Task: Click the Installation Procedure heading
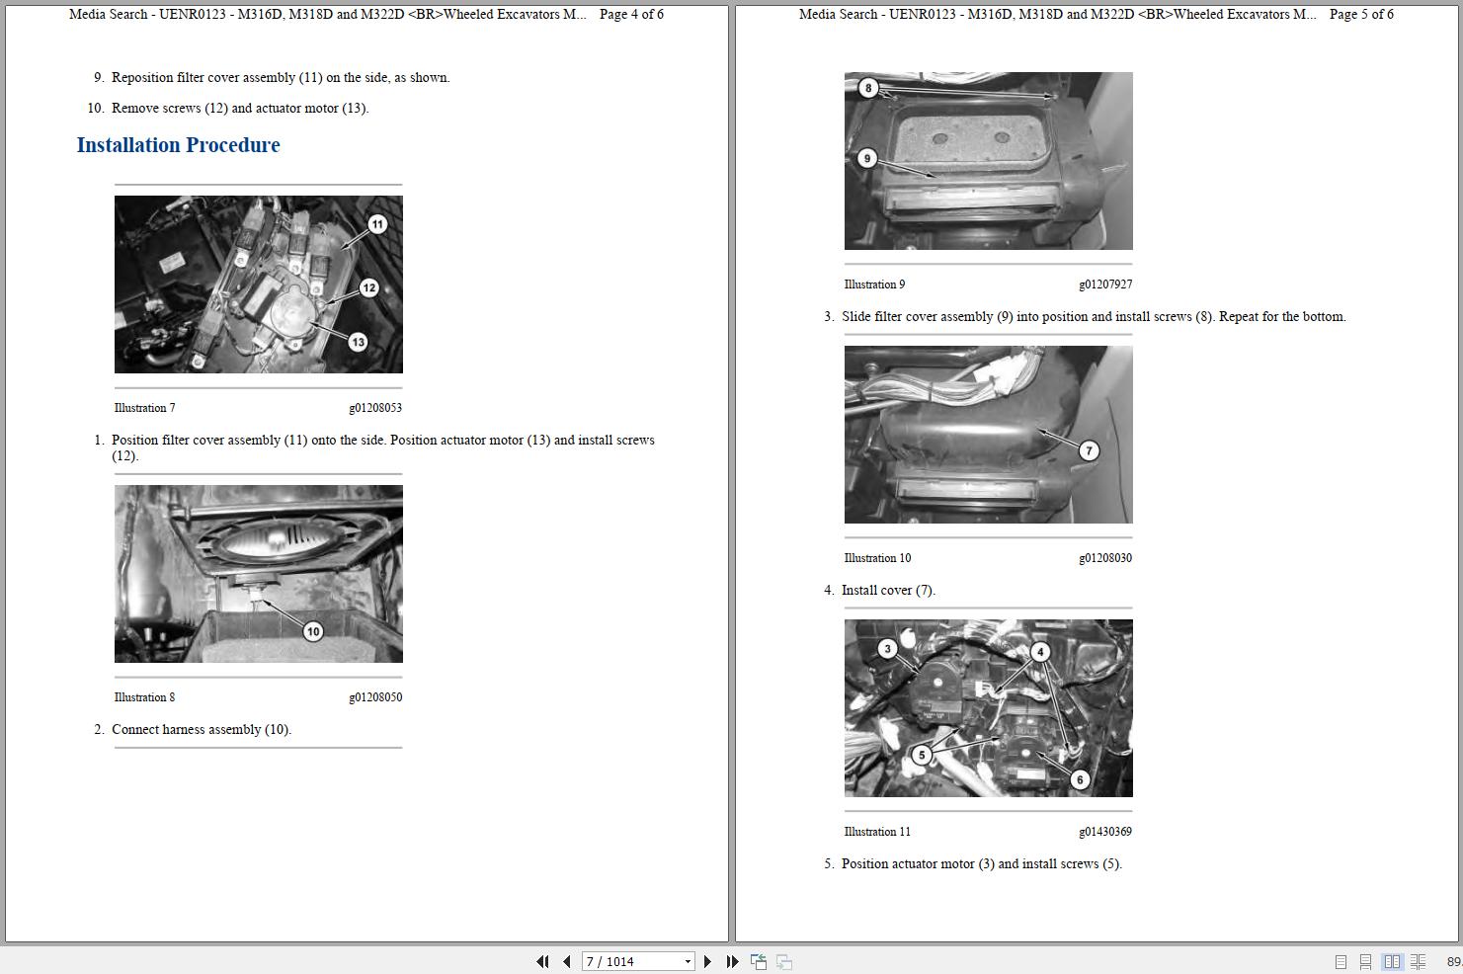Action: tap(178, 145)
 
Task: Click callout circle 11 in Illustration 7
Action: tap(377, 224)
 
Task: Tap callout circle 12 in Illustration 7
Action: tap(368, 287)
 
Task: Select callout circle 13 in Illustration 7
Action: tap(358, 342)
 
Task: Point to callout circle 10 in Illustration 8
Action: tap(313, 631)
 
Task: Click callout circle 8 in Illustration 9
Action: tap(868, 88)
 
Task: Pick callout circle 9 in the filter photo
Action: tap(866, 158)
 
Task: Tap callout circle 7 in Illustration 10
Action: tap(1089, 450)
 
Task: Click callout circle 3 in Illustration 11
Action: tap(887, 649)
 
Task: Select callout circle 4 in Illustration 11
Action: tap(1039, 652)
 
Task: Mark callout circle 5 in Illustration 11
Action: tap(922, 755)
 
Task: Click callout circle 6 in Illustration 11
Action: tap(1080, 779)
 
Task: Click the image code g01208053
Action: tap(374, 408)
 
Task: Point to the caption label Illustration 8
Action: tap(144, 697)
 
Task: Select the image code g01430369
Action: tap(1104, 832)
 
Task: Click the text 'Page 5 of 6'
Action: tap(1361, 15)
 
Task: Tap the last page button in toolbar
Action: tap(732, 961)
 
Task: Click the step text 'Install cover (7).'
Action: tap(887, 591)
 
